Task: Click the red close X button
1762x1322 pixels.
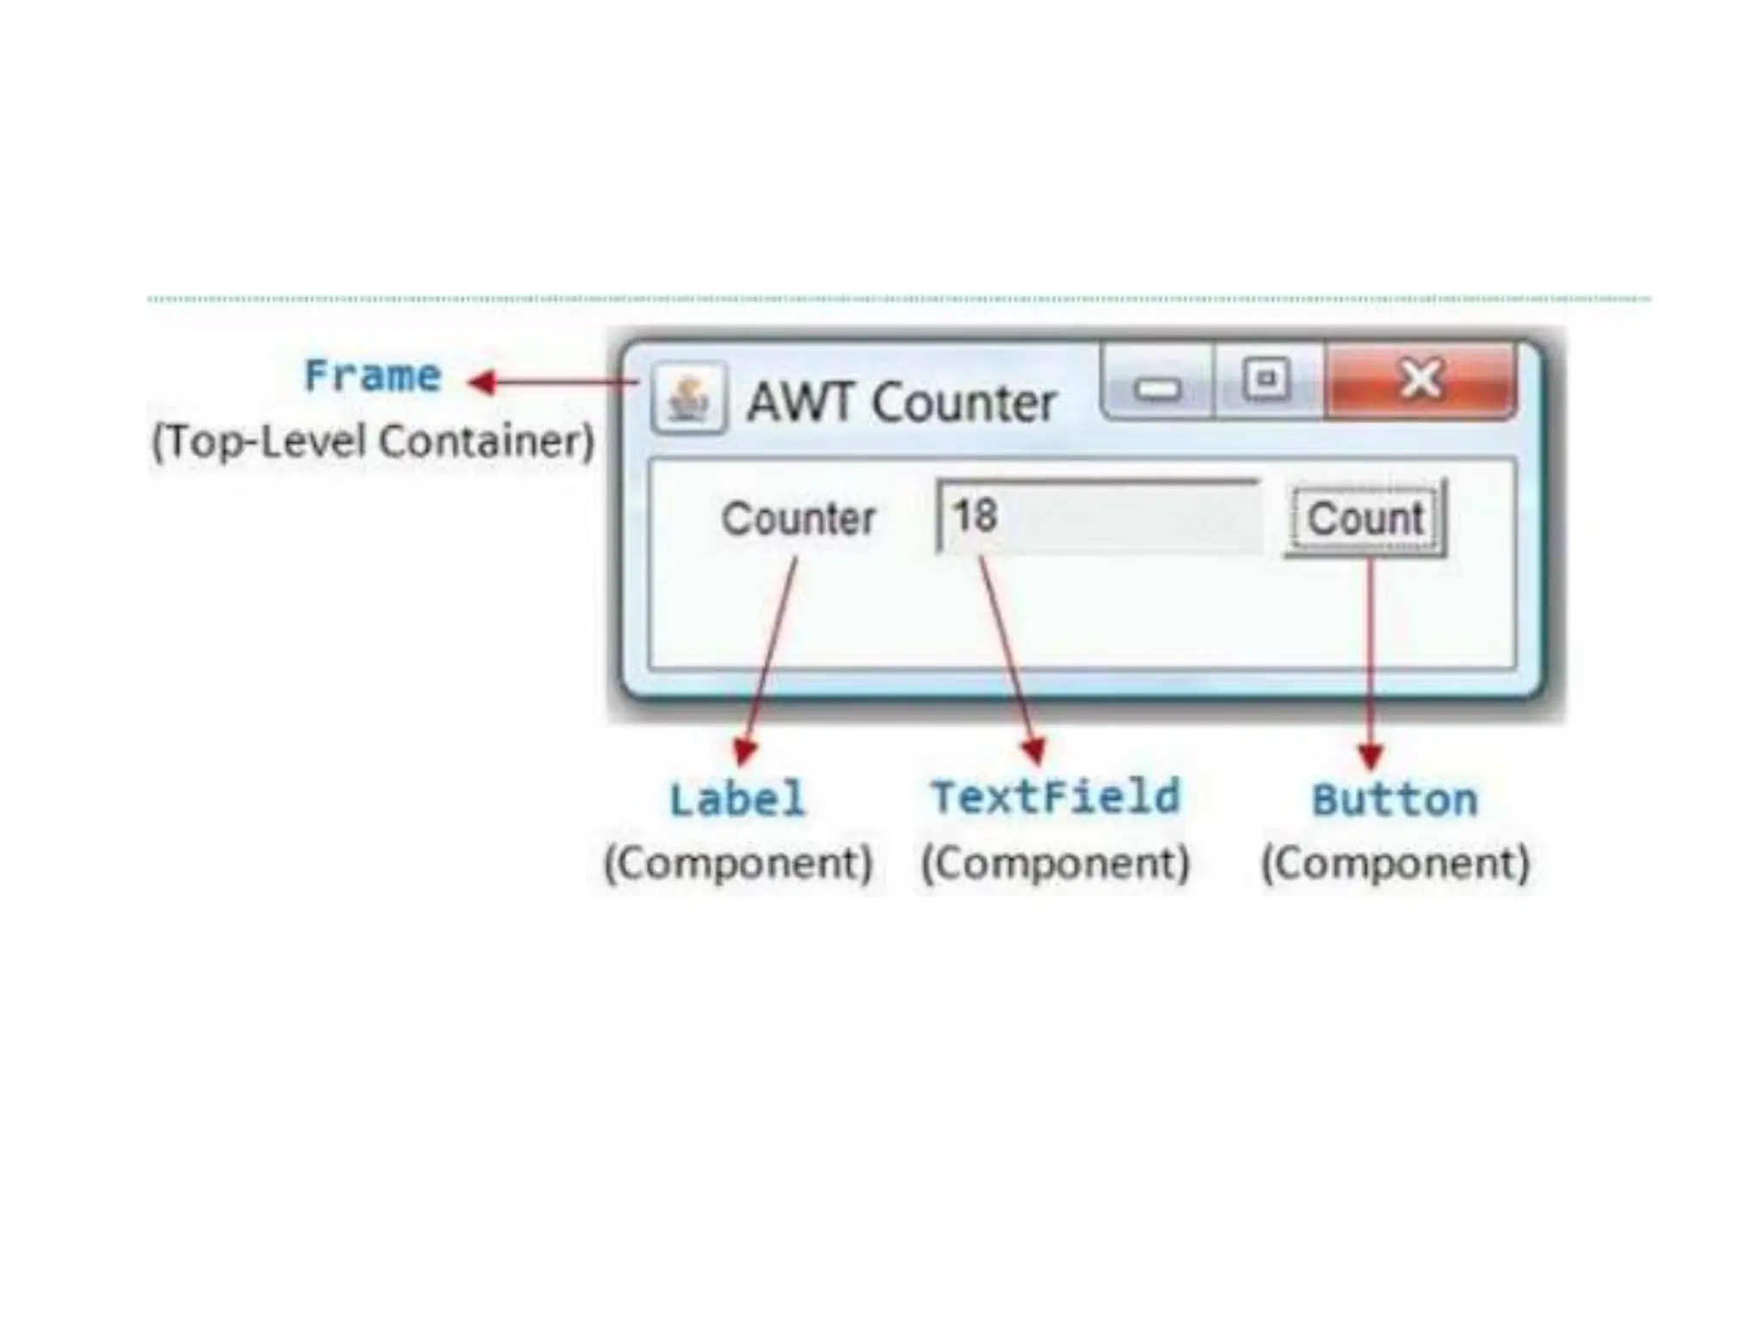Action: (1420, 380)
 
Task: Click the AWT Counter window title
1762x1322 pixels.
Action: (901, 403)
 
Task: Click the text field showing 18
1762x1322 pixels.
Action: (1099, 517)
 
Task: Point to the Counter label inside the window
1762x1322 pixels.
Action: (798, 519)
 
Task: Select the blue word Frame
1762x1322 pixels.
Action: (373, 376)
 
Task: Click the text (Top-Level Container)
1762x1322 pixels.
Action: (373, 442)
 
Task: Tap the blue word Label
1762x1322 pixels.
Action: (738, 799)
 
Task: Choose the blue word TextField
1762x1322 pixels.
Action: (1056, 797)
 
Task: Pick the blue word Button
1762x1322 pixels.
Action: (1395, 800)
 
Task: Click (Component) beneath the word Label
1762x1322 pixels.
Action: (738, 863)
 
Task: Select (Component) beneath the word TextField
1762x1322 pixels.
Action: (1056, 863)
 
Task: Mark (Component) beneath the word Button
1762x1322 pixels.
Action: (1395, 863)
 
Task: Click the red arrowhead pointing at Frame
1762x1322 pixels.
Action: (482, 381)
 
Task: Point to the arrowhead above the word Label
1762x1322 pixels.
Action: (744, 751)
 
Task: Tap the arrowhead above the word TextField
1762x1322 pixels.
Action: (1035, 751)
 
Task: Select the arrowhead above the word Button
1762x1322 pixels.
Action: (1371, 756)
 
